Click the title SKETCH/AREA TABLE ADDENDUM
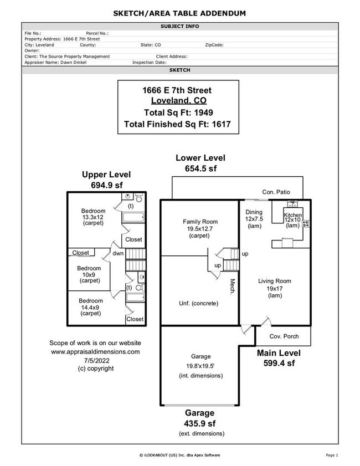[179, 13]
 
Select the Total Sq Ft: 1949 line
[179, 112]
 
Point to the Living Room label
[274, 281]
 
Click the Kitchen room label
[292, 215]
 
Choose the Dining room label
[254, 212]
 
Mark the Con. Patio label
[276, 192]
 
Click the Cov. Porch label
[284, 336]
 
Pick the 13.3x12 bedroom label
[93, 217]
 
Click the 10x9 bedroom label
[89, 274]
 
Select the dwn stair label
[118, 253]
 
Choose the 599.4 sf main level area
[278, 363]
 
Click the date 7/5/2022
[95, 360]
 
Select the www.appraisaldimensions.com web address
[95, 351]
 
